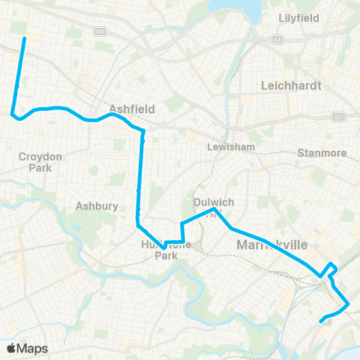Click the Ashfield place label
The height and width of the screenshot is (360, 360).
[131, 109]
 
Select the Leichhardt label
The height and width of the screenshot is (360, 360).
[290, 85]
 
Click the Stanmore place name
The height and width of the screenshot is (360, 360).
[322, 153]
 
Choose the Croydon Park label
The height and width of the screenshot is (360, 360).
[36, 162]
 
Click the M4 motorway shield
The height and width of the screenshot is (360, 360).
[100, 31]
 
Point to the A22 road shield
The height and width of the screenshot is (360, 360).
[337, 117]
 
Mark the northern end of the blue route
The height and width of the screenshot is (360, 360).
[24, 37]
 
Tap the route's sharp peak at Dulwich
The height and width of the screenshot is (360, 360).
[214, 210]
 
